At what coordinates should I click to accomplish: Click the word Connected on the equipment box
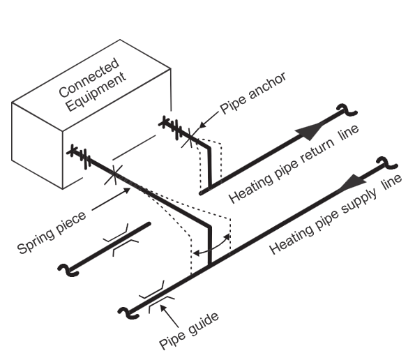pyautogui.click(x=89, y=77)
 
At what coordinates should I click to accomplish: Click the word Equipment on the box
pyautogui.click(x=96, y=91)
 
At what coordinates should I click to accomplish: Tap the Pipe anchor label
pyautogui.click(x=253, y=93)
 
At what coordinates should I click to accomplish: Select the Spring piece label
pyautogui.click(x=52, y=233)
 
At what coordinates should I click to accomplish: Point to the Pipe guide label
pyautogui.click(x=189, y=331)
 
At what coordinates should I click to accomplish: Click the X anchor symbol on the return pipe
pyautogui.click(x=190, y=138)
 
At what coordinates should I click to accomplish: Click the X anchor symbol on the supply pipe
pyautogui.click(x=114, y=174)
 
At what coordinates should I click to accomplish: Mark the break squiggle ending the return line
pyautogui.click(x=347, y=110)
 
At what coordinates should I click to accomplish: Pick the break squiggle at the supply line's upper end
pyautogui.click(x=386, y=163)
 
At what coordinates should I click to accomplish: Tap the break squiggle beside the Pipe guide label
pyautogui.click(x=128, y=313)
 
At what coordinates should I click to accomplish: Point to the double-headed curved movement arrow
pyautogui.click(x=211, y=246)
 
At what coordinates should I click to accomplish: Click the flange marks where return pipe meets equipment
pyautogui.click(x=171, y=128)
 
